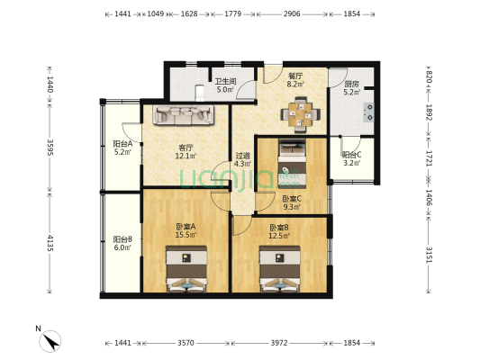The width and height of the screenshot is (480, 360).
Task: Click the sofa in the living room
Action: point(183,115)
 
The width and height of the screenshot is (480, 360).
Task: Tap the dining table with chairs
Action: point(298,113)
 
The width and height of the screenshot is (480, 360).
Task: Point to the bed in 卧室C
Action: point(293,159)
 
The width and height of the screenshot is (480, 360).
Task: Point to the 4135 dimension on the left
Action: point(50,243)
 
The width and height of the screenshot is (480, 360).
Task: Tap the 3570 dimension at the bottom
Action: point(186,344)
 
